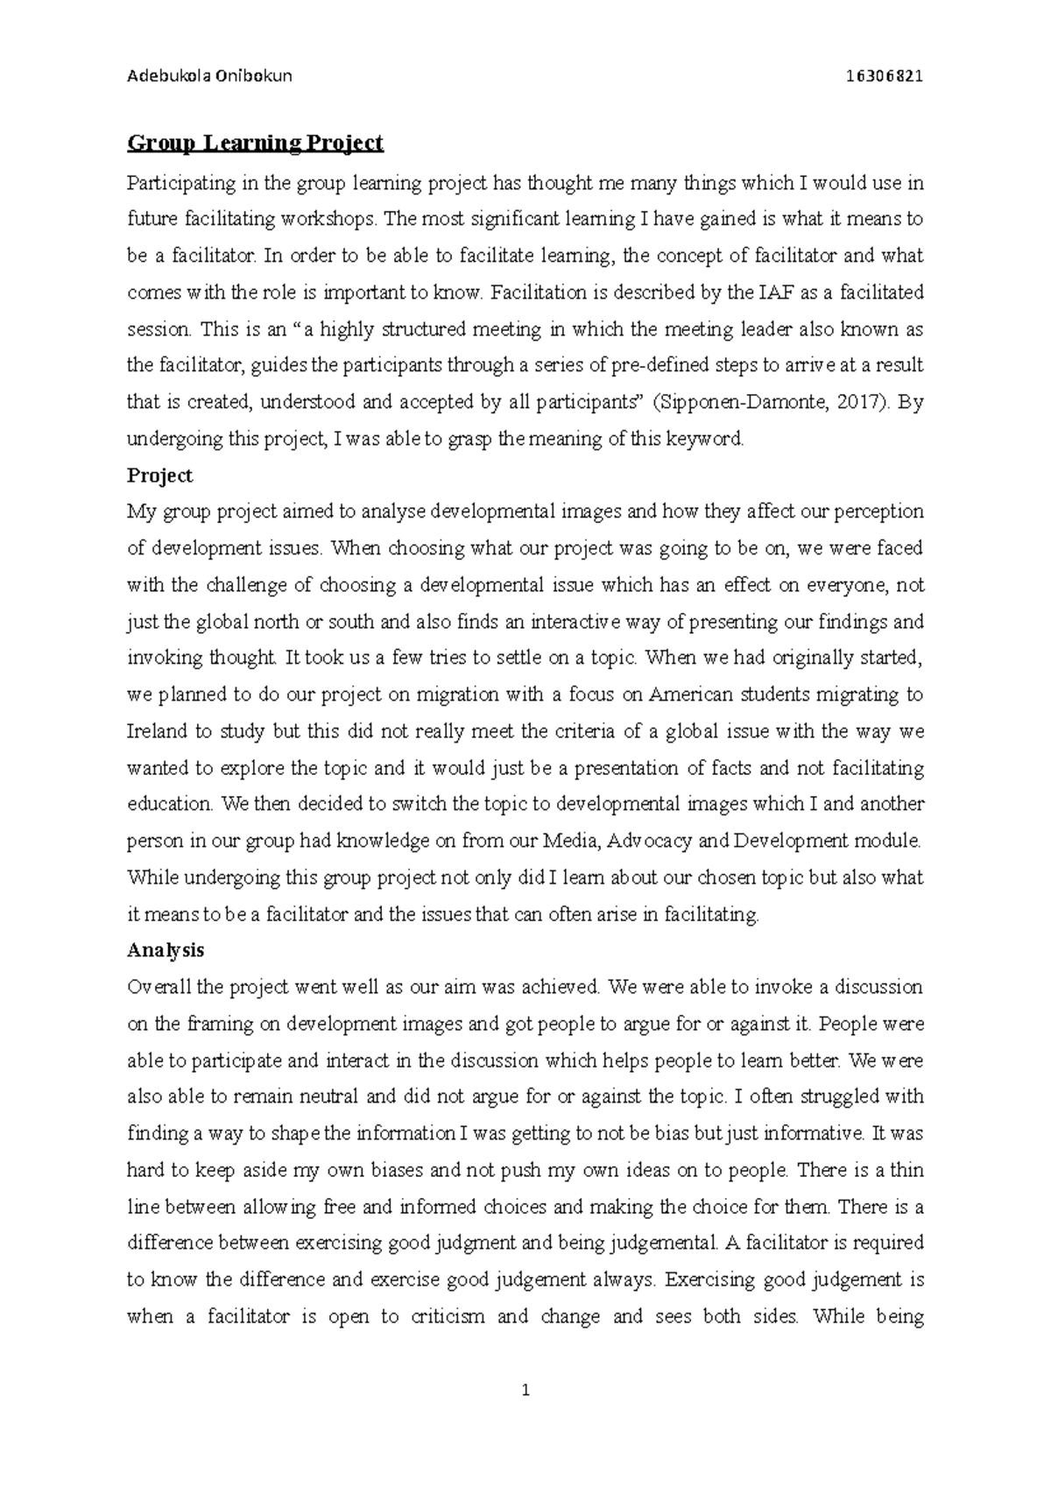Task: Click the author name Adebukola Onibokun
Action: pyautogui.click(x=209, y=75)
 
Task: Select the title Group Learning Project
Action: pyautogui.click(x=255, y=142)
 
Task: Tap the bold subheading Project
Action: pyautogui.click(x=159, y=476)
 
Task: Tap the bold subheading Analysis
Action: pyautogui.click(x=166, y=950)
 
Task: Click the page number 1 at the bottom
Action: pyautogui.click(x=525, y=1389)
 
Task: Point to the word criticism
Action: pyautogui.click(x=448, y=1316)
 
